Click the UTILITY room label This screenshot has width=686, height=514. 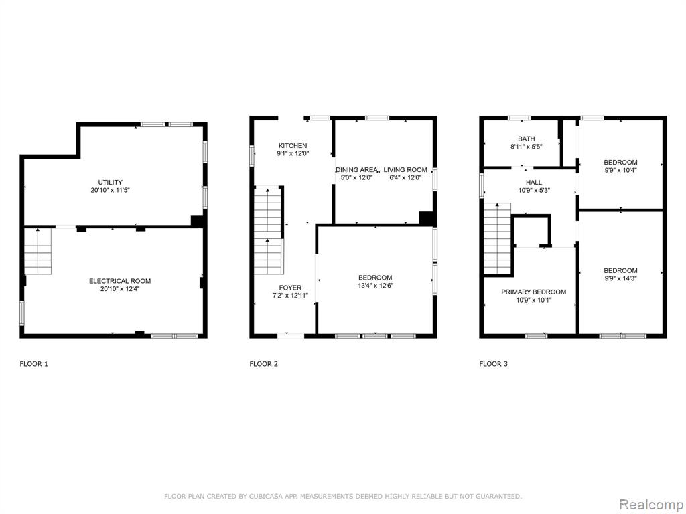(x=111, y=182)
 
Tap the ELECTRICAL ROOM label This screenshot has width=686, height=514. (x=120, y=281)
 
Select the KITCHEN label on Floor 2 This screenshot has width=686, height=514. (x=293, y=145)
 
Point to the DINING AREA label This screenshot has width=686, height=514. (x=356, y=169)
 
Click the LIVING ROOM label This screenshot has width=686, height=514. (x=405, y=169)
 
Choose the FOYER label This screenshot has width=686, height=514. (x=290, y=288)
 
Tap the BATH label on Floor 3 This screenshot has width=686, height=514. (x=527, y=139)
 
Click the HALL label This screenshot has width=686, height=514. (x=534, y=182)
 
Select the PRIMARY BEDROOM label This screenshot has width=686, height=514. (x=534, y=292)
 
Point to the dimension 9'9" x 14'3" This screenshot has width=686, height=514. (x=620, y=278)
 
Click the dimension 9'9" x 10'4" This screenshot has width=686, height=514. (x=620, y=170)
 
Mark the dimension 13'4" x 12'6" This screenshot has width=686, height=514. (x=375, y=285)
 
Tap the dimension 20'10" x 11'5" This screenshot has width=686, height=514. (x=111, y=190)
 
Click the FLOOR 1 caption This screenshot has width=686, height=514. (x=33, y=363)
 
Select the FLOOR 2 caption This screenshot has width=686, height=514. (x=263, y=363)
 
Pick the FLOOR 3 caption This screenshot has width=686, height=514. (x=494, y=363)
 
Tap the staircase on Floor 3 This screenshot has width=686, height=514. (x=498, y=239)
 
